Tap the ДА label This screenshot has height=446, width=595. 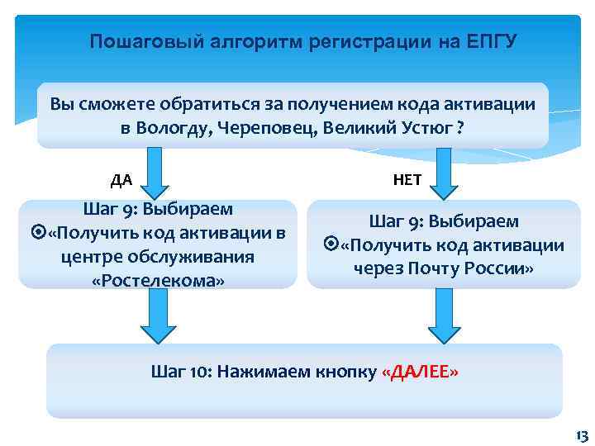tap(121, 179)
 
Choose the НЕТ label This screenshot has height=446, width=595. tap(408, 179)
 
